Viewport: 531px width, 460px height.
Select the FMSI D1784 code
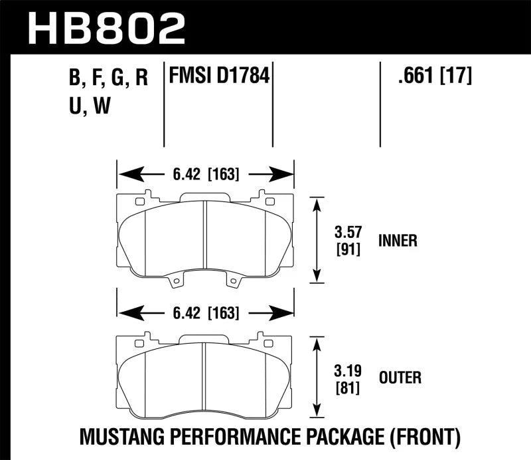(219, 77)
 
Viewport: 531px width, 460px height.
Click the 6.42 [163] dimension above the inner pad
(205, 175)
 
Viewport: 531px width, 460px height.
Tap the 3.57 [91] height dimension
(348, 241)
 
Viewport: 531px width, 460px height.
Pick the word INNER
(398, 241)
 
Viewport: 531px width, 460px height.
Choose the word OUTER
(399, 378)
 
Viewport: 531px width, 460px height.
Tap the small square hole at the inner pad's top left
(139, 201)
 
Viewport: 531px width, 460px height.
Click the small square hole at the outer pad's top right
(269, 343)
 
